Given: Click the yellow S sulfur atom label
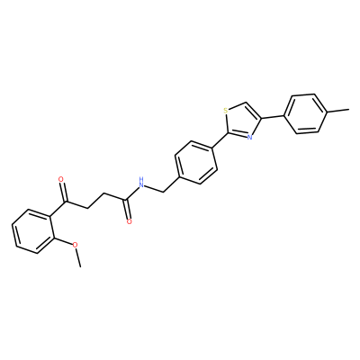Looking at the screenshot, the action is pyautogui.click(x=226, y=111).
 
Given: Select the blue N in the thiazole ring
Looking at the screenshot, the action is pyautogui.click(x=249, y=138).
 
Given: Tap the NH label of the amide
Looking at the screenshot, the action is pyautogui.click(x=141, y=183).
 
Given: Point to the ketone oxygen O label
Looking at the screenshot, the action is pyautogui.click(x=61, y=179).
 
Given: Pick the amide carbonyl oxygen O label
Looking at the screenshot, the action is pyautogui.click(x=130, y=222).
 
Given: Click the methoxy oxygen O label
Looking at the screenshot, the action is pyautogui.click(x=76, y=245).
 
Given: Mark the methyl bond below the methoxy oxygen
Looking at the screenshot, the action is pyautogui.click(x=78, y=257).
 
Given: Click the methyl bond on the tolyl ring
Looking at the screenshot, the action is pyautogui.click(x=337, y=112).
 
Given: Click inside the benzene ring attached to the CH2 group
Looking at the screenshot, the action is pyautogui.click(x=196, y=162).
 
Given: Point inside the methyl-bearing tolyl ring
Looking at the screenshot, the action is pyautogui.click(x=305, y=114).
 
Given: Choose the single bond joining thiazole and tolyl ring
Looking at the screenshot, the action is pyautogui.click(x=273, y=116).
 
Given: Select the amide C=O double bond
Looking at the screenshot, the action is pyautogui.click(x=128, y=209).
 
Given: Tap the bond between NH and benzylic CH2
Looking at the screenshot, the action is pyautogui.click(x=155, y=188).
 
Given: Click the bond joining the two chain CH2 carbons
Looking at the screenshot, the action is pyautogui.click(x=95, y=201).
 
